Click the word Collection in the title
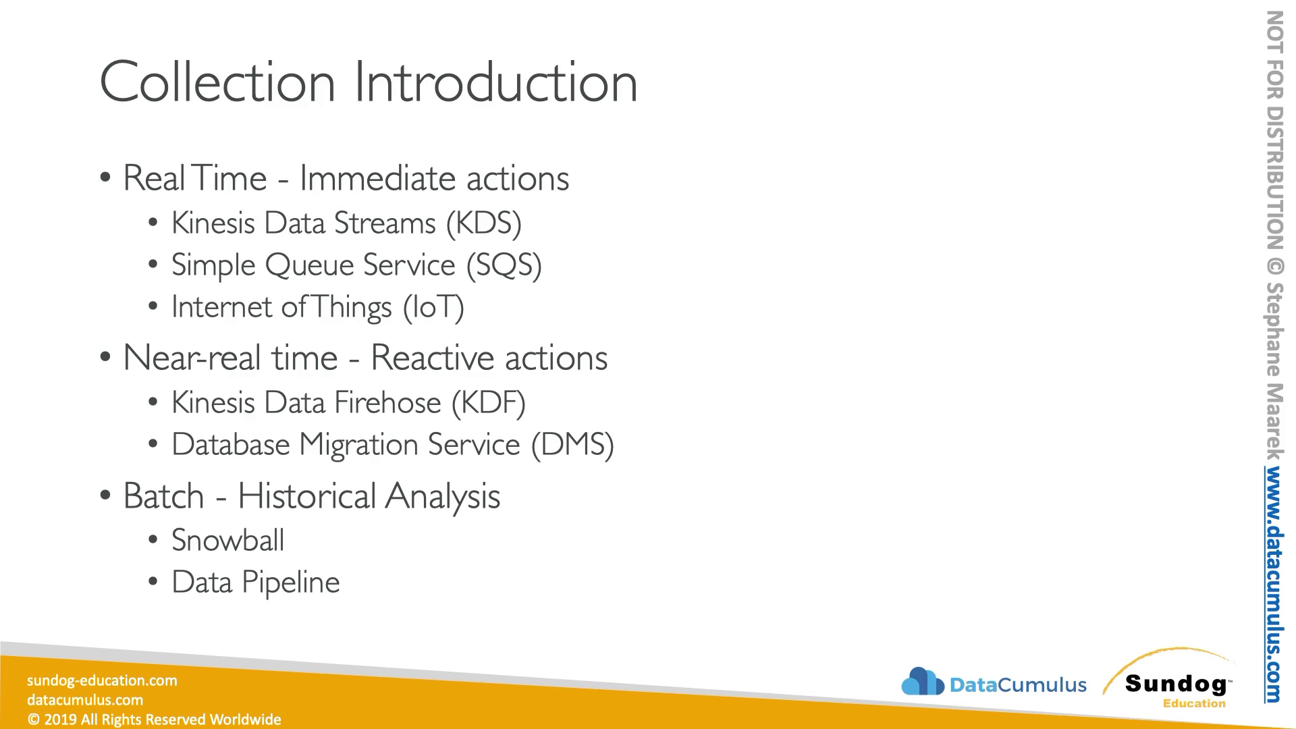tap(217, 82)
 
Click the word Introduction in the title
tap(496, 82)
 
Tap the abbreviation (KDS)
tap(484, 223)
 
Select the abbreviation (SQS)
tap(504, 265)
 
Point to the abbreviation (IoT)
tap(434, 307)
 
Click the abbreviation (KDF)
tap(489, 403)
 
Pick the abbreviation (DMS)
tap(573, 445)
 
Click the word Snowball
tap(228, 540)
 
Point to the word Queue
tap(313, 265)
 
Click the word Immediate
tap(377, 178)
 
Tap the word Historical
tap(307, 496)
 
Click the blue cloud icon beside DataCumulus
tap(923, 682)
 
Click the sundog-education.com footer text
tap(102, 680)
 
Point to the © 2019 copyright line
tap(154, 720)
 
